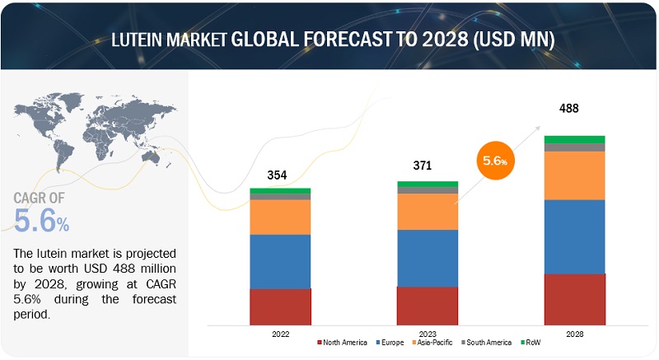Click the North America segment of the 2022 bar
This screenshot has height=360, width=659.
pyautogui.click(x=280, y=306)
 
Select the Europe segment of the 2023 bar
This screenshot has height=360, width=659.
pyautogui.click(x=427, y=258)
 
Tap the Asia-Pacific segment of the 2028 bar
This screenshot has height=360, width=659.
pyautogui.click(x=574, y=175)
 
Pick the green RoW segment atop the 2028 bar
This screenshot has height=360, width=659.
pyautogui.click(x=574, y=139)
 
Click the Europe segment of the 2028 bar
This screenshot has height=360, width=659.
pyautogui.click(x=574, y=236)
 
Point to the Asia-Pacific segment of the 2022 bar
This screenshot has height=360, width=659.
pyautogui.click(x=280, y=217)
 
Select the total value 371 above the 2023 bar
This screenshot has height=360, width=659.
pyautogui.click(x=427, y=166)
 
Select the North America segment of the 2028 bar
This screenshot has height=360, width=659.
pyautogui.click(x=574, y=298)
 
